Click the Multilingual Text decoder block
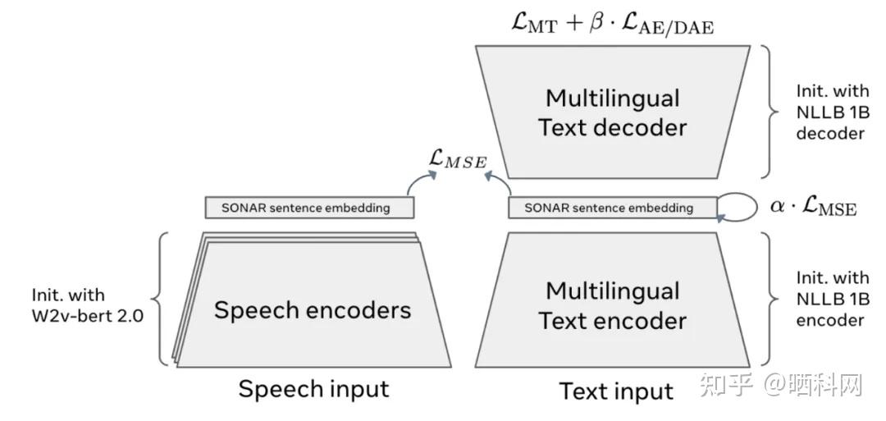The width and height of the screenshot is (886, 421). click(x=612, y=112)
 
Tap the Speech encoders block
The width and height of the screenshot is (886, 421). click(x=313, y=309)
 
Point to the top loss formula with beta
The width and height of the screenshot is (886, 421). click(x=611, y=25)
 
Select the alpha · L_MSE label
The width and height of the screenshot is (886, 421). click(x=813, y=206)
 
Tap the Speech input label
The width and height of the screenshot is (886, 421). click(x=313, y=388)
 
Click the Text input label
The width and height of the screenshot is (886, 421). click(x=616, y=391)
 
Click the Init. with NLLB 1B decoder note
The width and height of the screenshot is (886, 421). click(x=832, y=112)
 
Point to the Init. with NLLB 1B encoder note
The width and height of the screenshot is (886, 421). click(x=832, y=299)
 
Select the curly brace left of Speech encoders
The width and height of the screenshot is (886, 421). click(x=162, y=299)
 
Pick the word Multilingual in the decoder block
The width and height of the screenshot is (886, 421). click(x=612, y=98)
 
